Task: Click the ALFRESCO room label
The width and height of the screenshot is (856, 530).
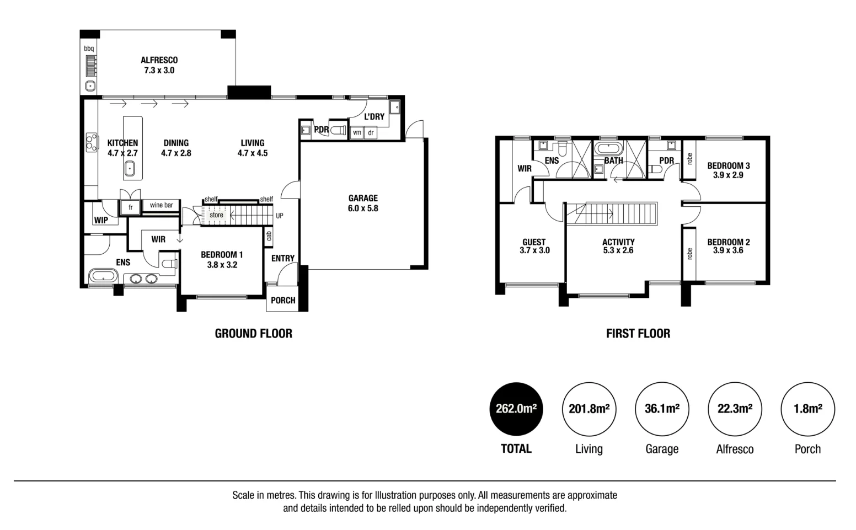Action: tap(159, 65)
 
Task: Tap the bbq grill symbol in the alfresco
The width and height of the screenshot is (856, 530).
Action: tap(90, 66)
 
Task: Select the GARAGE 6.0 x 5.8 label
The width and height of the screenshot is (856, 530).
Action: tap(363, 203)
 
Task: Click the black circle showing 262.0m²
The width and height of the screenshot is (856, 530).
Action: tap(516, 409)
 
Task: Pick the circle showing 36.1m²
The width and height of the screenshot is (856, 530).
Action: tap(662, 409)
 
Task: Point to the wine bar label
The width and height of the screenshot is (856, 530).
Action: tap(161, 205)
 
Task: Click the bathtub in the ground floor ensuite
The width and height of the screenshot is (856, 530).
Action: tap(103, 276)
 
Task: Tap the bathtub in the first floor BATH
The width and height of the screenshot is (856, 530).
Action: tap(608, 149)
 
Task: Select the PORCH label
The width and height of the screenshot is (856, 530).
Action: tap(283, 301)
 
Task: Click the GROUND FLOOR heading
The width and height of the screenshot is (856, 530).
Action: tap(253, 334)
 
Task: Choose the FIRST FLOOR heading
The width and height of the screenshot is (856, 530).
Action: tap(638, 334)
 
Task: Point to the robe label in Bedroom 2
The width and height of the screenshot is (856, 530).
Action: tap(689, 254)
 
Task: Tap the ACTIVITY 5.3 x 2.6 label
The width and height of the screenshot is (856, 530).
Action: tap(618, 246)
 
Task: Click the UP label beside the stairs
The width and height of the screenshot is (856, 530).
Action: tap(280, 216)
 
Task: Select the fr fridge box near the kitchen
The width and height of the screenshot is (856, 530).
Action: tap(131, 207)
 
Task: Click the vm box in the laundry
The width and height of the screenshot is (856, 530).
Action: tap(357, 133)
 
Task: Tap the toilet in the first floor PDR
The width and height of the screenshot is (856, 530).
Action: tap(654, 169)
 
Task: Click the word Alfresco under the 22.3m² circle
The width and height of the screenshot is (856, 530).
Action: tap(735, 449)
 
